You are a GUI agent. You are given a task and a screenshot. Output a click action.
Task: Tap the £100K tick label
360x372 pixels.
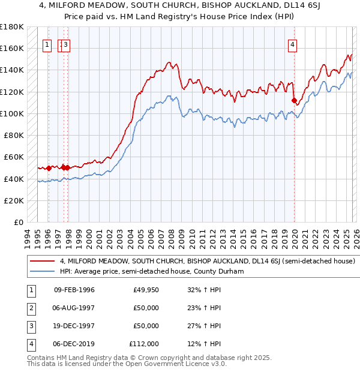pyautogui.click(x=12, y=113)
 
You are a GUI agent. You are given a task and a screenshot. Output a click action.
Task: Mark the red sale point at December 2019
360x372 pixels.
pyautogui.click(x=294, y=100)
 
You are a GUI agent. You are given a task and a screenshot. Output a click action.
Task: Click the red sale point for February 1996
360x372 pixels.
pyautogui.click(x=49, y=168)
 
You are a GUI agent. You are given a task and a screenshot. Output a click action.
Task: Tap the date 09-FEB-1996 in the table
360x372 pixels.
pyautogui.click(x=74, y=290)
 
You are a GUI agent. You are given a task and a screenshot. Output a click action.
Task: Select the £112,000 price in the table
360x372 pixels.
pyautogui.click(x=144, y=344)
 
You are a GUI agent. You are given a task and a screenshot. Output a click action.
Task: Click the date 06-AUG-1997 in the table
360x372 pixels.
pyautogui.click(x=74, y=308)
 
